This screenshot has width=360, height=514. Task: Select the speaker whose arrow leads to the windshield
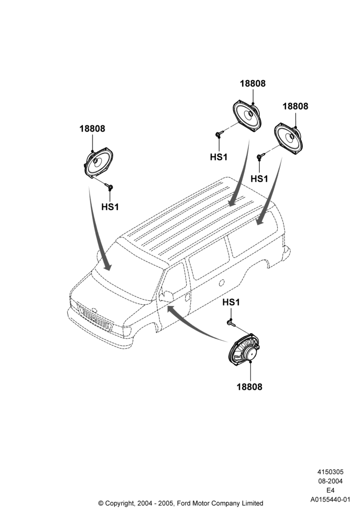point(96,164)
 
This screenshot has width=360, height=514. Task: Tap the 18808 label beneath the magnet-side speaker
point(249,387)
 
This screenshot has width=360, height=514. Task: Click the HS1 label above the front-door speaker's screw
point(231,302)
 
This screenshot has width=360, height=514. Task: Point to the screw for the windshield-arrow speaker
point(110,187)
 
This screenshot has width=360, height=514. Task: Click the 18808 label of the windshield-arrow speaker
point(92,128)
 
